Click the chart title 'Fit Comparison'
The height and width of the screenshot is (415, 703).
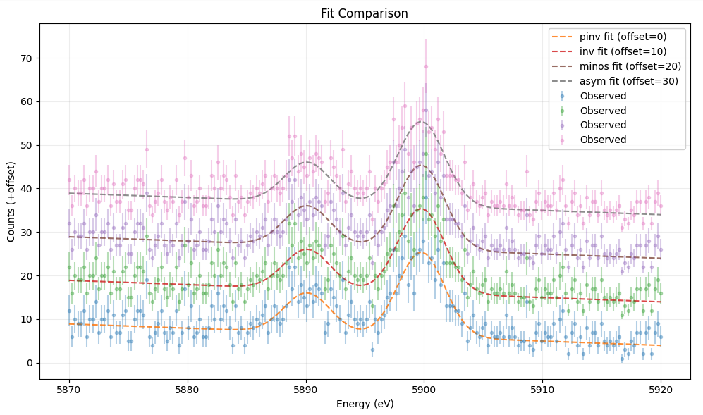364,13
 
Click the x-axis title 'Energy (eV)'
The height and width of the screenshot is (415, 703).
365,404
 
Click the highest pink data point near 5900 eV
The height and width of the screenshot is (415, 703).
426,66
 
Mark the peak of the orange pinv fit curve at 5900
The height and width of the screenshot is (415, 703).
422,252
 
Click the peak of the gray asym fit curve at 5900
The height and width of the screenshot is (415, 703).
422,121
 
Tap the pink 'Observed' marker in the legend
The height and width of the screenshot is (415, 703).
562,140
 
